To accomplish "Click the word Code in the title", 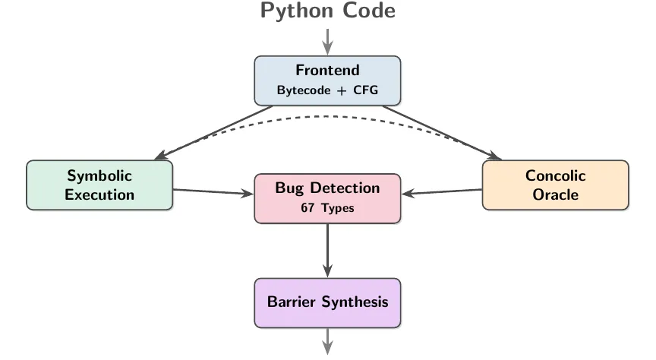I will click(x=367, y=11).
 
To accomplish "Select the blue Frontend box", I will click(x=327, y=80).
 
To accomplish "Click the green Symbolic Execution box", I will click(x=99, y=185).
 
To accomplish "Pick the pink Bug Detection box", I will click(x=327, y=198).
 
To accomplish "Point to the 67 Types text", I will click(x=327, y=208).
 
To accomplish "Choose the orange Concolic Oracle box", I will click(x=555, y=185).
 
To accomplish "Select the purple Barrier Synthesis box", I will click(x=327, y=302).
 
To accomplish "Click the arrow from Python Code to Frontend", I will click(x=327, y=42).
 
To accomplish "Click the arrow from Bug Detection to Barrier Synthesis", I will click(x=327, y=251).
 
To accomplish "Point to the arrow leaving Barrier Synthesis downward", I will click(x=327, y=341).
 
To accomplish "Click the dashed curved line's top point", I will click(x=327, y=116).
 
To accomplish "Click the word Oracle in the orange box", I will click(x=555, y=194).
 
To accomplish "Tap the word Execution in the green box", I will click(x=99, y=194).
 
